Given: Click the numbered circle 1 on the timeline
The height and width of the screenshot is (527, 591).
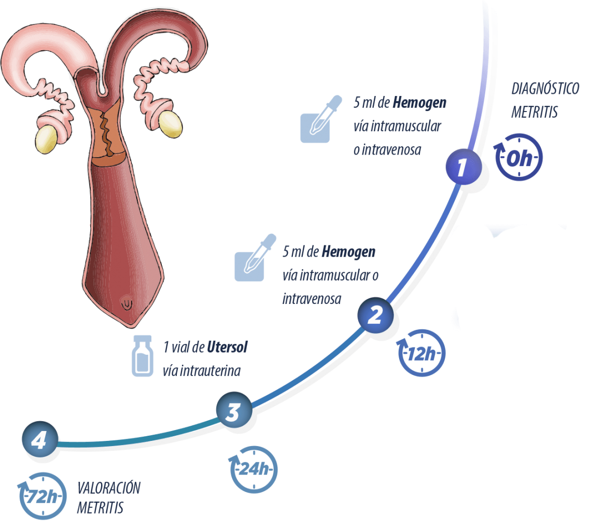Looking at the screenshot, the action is coord(463,167).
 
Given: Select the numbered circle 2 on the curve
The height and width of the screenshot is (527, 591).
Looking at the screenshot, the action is coord(375,315).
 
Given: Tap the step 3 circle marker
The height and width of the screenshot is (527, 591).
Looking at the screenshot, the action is coord(234,410).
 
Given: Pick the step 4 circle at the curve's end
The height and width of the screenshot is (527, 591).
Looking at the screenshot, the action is coord(40,439).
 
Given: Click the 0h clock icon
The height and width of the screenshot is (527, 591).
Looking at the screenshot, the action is coord(518,157).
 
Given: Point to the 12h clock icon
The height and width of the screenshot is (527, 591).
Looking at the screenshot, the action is coord(421,353).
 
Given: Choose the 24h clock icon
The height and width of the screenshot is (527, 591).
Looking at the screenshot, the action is coord(254,469).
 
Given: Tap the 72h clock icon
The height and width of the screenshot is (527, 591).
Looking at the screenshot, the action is coord(42,496).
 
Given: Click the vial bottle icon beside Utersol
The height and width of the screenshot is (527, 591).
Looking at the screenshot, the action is coord(143,356).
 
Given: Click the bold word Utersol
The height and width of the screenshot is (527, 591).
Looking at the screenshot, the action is coord(227,347).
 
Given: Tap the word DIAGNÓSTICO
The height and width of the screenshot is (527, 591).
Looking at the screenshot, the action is coord(545,89).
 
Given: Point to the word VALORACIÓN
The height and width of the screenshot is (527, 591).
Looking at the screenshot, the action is coord(108,488).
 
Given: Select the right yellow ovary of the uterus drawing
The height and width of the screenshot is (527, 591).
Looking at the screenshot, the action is coord(171,124).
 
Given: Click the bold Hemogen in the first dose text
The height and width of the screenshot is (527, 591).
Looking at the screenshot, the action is coord(419,103).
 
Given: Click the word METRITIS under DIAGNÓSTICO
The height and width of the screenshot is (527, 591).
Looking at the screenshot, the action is coord(534,112).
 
